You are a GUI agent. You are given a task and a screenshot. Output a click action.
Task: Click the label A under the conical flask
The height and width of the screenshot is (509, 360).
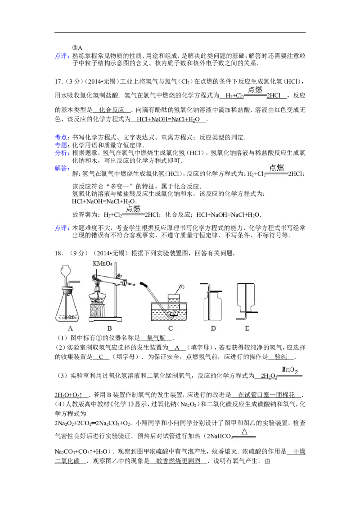[71, 328]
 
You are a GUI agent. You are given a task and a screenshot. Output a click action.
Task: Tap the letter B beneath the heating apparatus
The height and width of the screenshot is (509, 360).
[109, 328]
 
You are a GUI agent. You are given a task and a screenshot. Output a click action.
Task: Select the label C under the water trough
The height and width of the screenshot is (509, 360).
[170, 328]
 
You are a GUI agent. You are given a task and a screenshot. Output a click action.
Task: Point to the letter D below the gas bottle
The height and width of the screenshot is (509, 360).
[213, 328]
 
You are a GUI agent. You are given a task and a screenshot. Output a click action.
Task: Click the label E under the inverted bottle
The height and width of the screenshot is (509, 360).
[247, 328]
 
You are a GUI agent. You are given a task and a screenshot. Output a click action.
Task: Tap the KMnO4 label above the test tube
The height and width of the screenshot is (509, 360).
[103, 263]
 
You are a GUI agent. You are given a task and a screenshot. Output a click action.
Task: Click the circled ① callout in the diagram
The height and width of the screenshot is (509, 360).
[182, 287]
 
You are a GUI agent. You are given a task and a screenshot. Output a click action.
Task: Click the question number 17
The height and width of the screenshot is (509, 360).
[58, 81]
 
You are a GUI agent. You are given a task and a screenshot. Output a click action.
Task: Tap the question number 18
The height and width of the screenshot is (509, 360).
[58, 253]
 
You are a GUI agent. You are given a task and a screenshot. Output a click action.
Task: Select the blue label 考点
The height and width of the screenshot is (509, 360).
[61, 137]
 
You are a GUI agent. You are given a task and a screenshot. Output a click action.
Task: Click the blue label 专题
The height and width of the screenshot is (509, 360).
[61, 145]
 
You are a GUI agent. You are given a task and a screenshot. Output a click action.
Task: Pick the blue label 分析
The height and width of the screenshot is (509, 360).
[61, 153]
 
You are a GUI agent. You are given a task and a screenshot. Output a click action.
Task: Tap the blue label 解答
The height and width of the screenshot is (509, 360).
[61, 168]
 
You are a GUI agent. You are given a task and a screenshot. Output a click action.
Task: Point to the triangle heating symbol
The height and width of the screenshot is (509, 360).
[245, 431]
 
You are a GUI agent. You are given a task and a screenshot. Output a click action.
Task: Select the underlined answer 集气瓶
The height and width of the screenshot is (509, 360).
[156, 338]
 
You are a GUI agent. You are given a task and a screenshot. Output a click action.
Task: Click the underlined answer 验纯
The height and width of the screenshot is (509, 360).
[281, 357]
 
